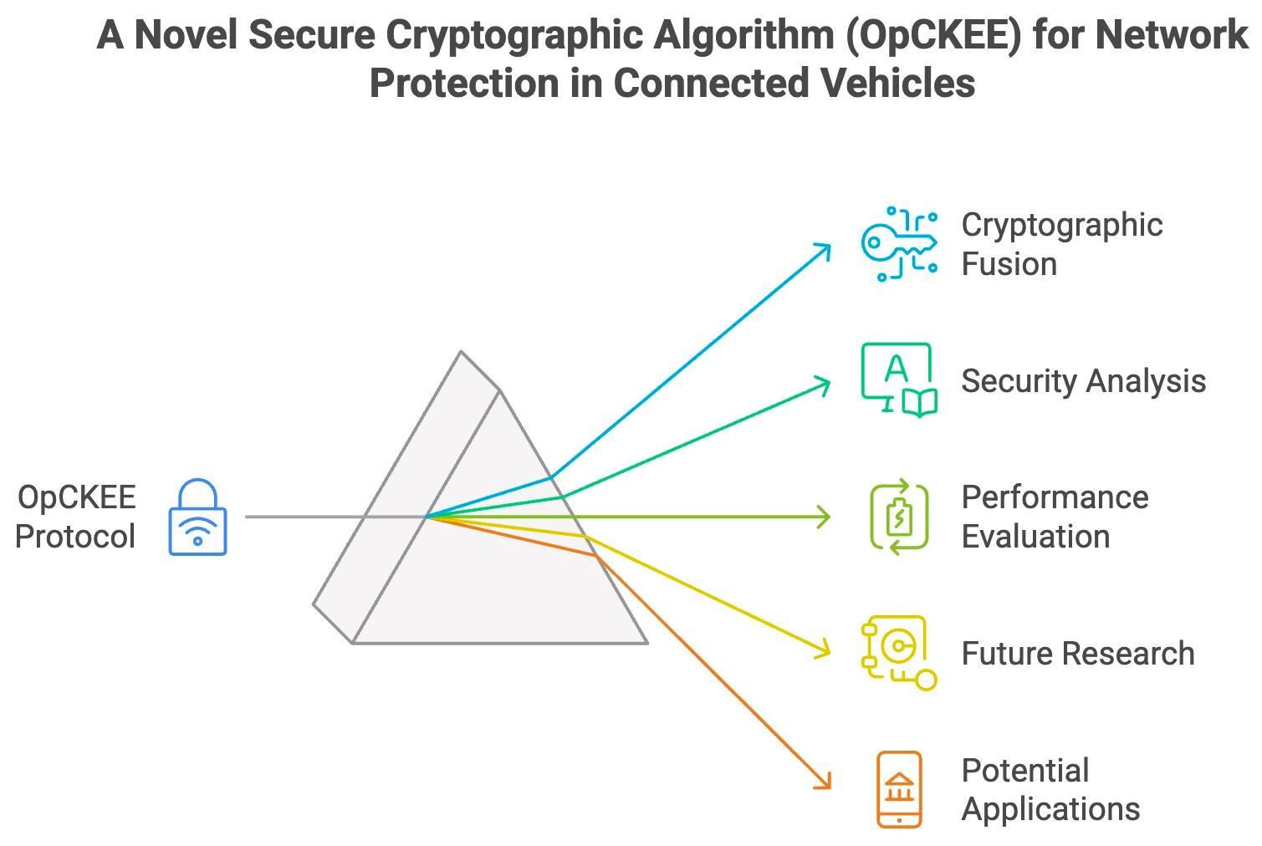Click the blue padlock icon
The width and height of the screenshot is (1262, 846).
197,517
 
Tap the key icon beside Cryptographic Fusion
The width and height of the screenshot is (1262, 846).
899,244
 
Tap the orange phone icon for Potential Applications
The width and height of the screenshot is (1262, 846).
899,789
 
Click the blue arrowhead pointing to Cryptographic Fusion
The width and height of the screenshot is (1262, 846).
825,248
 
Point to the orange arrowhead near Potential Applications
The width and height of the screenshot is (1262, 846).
825,783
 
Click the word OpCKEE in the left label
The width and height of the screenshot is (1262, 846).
77,497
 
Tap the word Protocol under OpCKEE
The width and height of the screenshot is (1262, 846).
75,537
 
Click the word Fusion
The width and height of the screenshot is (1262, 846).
1009,264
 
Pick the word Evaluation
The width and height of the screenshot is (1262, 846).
1035,537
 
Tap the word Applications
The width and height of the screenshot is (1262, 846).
1050,809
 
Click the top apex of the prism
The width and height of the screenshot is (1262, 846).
462,353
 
